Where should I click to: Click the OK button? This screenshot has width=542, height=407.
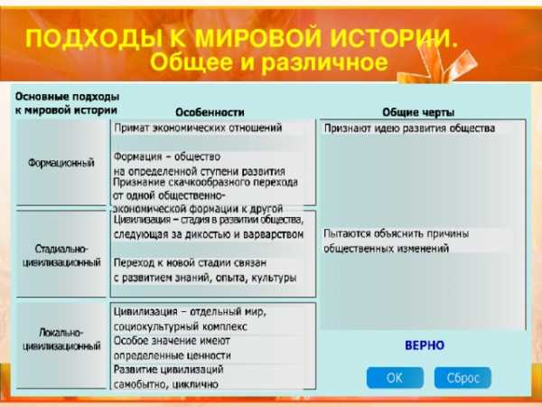(395, 377)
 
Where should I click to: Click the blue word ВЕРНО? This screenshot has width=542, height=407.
(425, 345)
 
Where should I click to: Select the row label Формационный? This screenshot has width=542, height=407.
(61, 163)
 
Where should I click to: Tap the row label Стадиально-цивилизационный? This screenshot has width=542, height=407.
(61, 255)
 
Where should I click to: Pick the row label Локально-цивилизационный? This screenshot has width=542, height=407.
(61, 339)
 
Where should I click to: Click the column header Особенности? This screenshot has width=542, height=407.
(210, 112)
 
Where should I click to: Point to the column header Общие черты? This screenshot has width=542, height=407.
(418, 112)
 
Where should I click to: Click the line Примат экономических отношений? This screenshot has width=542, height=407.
(198, 128)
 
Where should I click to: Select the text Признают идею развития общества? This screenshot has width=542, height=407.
(409, 128)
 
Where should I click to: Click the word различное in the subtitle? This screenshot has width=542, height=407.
(324, 62)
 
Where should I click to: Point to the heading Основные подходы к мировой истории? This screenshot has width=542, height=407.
(67, 103)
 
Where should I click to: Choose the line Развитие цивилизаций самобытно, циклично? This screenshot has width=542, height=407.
(169, 377)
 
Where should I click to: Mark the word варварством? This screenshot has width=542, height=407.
(274, 234)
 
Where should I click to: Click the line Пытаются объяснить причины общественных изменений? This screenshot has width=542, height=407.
(397, 241)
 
